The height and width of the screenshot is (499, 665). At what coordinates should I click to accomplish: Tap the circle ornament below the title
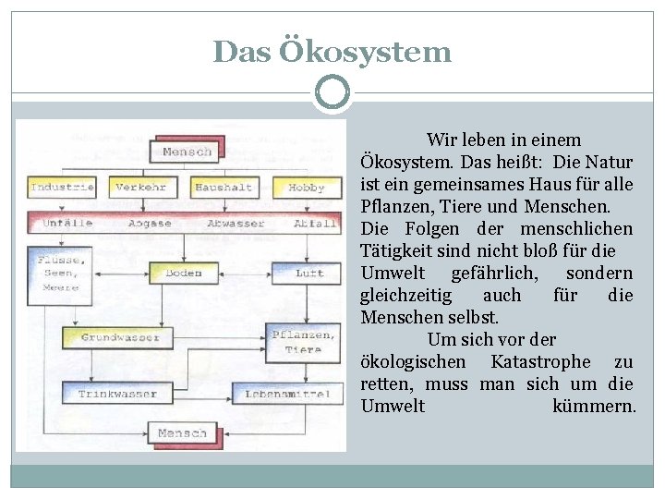(x=332, y=92)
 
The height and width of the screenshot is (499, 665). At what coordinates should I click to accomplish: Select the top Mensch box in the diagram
(x=186, y=151)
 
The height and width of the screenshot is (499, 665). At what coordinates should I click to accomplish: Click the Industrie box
(x=62, y=188)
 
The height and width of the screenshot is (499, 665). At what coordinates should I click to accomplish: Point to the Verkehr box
(x=141, y=188)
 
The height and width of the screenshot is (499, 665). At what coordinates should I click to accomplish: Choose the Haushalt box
(x=223, y=188)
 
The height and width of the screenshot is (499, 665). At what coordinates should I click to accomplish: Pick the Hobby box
(x=307, y=188)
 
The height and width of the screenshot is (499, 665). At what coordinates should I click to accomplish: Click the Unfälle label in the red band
(x=66, y=223)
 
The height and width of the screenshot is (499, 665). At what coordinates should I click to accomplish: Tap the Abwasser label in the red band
(x=236, y=223)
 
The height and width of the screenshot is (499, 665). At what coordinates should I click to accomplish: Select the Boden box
(x=183, y=274)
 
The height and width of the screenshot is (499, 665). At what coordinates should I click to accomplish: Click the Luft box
(x=308, y=274)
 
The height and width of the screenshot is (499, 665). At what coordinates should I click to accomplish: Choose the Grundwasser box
(x=120, y=338)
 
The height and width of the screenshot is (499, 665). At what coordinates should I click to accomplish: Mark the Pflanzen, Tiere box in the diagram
(x=303, y=342)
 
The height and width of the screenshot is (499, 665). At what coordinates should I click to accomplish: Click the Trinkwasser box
(x=117, y=395)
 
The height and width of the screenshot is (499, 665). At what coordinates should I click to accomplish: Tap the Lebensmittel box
(x=286, y=395)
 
